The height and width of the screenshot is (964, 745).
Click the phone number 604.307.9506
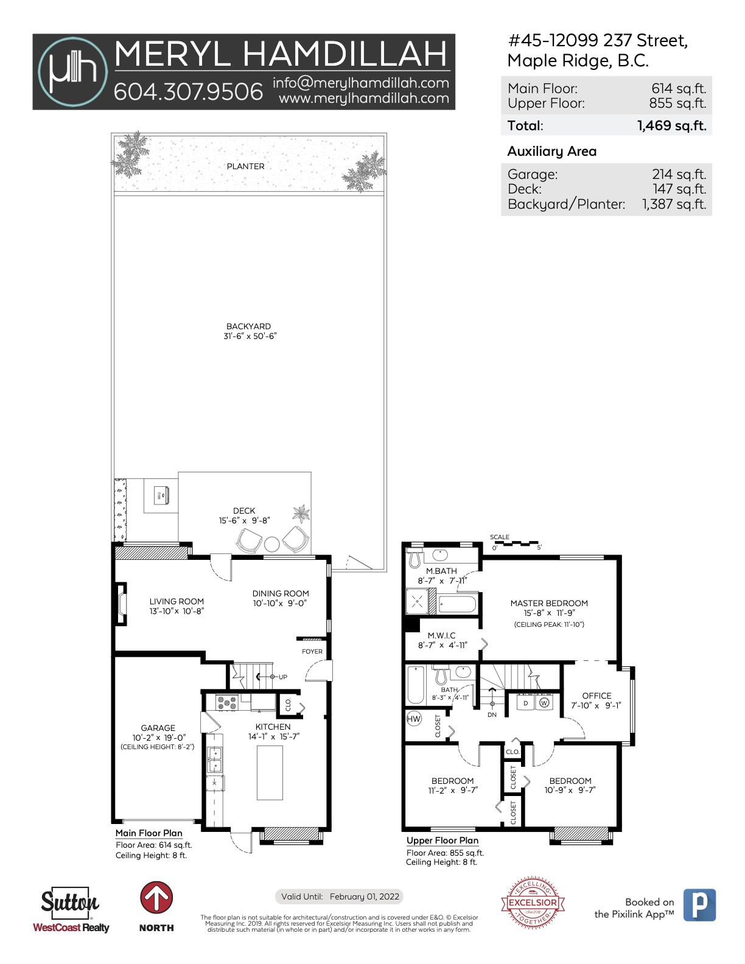click(x=188, y=92)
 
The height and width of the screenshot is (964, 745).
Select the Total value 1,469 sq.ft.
click(x=671, y=126)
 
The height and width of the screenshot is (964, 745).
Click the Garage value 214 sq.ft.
click(x=679, y=175)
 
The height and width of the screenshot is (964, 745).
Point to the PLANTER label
click(x=245, y=166)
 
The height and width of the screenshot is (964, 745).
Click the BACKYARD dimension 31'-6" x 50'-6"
click(x=250, y=336)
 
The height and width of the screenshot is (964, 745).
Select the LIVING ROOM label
click(x=177, y=601)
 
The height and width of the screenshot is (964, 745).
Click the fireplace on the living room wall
click(x=121, y=604)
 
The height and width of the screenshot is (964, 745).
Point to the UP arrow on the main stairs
click(x=268, y=677)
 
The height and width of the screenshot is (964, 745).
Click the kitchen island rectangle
click(x=270, y=772)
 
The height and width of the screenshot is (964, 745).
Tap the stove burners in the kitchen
click(x=226, y=702)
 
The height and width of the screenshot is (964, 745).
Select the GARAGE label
click(x=158, y=728)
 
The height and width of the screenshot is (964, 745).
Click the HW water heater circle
click(x=414, y=719)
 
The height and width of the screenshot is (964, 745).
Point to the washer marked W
click(x=544, y=702)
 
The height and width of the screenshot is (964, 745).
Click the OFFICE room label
click(x=596, y=696)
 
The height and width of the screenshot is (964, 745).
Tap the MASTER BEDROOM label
click(x=549, y=603)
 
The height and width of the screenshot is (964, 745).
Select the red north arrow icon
click(x=156, y=898)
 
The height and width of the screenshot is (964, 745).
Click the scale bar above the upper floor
click(x=517, y=542)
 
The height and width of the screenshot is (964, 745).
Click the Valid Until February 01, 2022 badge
click(x=340, y=896)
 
